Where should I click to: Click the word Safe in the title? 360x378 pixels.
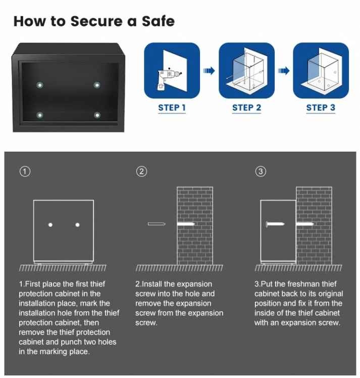(158, 21)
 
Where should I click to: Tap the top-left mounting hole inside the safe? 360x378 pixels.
(40, 85)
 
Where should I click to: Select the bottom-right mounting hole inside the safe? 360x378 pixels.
(97, 115)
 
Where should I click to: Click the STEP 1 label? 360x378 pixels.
(172, 108)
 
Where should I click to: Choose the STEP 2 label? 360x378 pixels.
(246, 108)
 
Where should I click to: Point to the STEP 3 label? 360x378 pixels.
(321, 108)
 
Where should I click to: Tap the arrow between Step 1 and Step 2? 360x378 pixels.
(209, 71)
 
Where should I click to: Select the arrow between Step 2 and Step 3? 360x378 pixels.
(284, 71)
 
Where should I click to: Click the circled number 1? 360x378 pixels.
(25, 172)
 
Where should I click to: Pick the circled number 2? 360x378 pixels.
(141, 172)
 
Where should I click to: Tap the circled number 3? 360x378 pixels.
(261, 172)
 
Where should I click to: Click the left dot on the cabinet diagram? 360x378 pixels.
(50, 225)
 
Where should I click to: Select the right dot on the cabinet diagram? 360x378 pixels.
(77, 225)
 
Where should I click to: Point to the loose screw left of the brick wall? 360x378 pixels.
(157, 224)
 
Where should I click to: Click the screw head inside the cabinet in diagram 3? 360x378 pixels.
(267, 224)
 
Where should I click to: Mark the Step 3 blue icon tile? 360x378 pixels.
(321, 70)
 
